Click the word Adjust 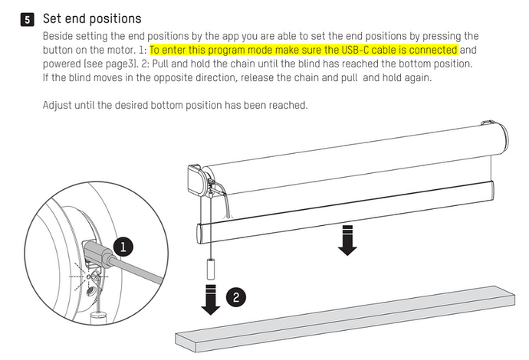pyautogui.click(x=60, y=104)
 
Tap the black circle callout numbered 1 pyautogui.click(x=122, y=246)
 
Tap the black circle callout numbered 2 pyautogui.click(x=235, y=293)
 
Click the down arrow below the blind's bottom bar pyautogui.click(x=347, y=240)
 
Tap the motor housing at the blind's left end pyautogui.click(x=202, y=181)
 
